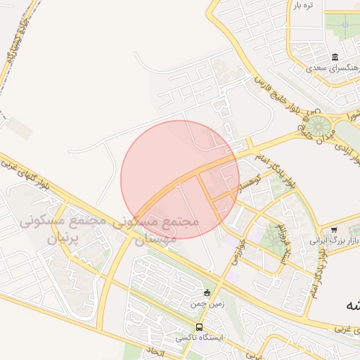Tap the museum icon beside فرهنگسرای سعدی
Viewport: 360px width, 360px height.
click(x=335, y=56)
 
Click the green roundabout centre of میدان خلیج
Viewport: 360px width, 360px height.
click(x=319, y=127)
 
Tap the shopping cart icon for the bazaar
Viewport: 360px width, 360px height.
click(x=334, y=229)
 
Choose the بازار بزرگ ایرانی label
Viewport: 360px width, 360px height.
click(x=335, y=240)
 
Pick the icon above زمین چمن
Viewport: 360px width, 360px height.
click(x=207, y=293)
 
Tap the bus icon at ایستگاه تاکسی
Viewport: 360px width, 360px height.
click(x=200, y=327)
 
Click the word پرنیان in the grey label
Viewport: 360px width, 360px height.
click(x=65, y=238)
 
